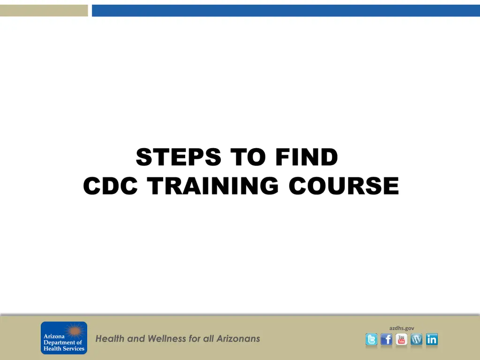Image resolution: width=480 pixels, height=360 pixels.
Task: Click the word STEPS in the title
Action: pos(179,157)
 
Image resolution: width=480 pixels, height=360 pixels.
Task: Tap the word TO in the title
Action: pos(248,157)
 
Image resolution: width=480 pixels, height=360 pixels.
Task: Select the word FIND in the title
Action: pos(307,157)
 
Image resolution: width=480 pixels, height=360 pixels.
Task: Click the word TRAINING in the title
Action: pos(213,186)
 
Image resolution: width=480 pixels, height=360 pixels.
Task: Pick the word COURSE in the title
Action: pos(344,186)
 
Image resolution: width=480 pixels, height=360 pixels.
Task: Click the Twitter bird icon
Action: pos(371,339)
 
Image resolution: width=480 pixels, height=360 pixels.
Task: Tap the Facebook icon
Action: pos(386,339)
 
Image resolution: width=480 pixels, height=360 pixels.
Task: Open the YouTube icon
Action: pos(401,339)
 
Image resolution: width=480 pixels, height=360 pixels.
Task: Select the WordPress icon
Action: pos(416,339)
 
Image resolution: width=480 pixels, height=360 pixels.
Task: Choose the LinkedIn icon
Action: pos(432,339)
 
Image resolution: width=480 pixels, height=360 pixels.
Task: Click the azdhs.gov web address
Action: pos(402,328)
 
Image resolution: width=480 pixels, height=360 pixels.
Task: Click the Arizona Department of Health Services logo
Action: pos(64,337)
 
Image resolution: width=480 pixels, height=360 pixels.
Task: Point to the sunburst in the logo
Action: pos(75,331)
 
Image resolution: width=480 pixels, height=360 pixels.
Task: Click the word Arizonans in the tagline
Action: pos(238,338)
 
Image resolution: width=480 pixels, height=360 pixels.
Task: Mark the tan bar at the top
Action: pos(44,10)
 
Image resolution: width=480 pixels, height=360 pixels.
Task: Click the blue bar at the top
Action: pos(286,10)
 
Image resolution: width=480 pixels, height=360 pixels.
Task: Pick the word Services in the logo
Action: pos(74,348)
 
